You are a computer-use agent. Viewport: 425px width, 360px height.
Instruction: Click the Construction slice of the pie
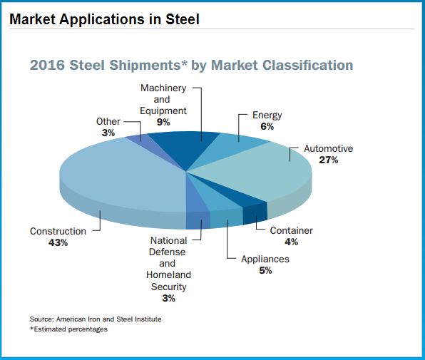click(114, 178)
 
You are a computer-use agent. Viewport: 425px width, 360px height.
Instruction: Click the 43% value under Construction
click(58, 243)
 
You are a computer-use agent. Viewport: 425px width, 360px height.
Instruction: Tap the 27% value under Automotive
click(329, 160)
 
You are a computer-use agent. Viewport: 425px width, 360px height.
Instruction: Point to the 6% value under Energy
click(267, 126)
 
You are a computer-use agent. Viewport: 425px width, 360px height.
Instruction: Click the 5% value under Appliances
click(265, 270)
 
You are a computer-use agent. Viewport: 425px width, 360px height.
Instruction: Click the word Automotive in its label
click(329, 149)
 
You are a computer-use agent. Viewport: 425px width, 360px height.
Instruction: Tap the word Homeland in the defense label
click(168, 275)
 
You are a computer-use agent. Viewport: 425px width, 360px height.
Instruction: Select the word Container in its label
click(291, 231)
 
